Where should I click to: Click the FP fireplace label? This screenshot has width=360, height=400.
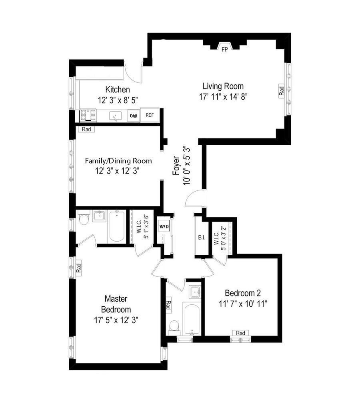pos(225,49)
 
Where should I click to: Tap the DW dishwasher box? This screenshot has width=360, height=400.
pos(134,116)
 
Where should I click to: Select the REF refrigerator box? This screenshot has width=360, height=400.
pos(150,115)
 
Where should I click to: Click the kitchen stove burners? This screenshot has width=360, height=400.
pos(88,115)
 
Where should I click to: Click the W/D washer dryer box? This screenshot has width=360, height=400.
pos(164,227)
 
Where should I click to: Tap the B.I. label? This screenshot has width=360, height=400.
pos(202,238)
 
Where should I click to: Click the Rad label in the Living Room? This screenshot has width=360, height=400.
pos(281,90)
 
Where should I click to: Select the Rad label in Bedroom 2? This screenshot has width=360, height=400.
pos(240,333)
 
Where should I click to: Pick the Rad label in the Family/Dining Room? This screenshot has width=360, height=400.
pos(86,129)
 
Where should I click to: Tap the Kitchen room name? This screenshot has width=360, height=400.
pos(117,89)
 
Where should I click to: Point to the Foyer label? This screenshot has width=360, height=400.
pos(176,166)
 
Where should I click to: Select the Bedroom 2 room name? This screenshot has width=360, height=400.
pos(243,292)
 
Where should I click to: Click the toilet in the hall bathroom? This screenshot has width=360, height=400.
pos(174,325)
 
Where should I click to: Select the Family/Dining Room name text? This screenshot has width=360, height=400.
pos(118,161)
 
